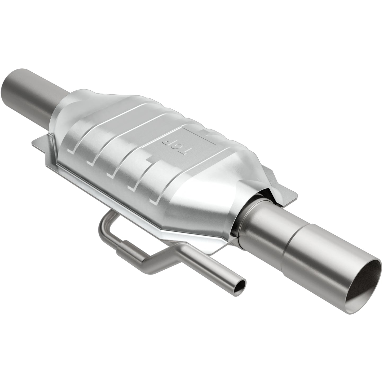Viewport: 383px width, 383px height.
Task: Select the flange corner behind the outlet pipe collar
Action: click(x=276, y=186)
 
